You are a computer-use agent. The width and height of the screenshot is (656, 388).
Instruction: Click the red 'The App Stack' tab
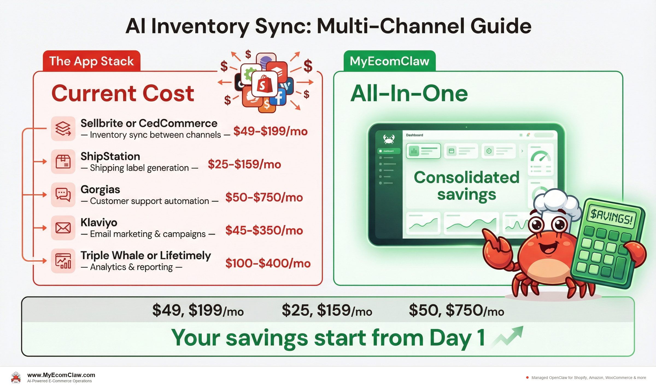pos(91,61)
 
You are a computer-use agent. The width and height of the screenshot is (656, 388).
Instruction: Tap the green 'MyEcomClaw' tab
pos(389,61)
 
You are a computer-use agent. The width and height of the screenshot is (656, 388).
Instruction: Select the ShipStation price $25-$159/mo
pos(244,164)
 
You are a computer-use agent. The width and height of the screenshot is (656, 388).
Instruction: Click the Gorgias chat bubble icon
pos(63,195)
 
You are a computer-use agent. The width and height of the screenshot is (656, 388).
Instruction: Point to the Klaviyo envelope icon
pos(63,228)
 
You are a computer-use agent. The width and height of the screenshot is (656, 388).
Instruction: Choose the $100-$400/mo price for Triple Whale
pos(268,263)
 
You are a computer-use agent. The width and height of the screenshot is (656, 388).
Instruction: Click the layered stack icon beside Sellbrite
pos(63,129)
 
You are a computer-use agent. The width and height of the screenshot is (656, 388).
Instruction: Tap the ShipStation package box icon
pos(63,162)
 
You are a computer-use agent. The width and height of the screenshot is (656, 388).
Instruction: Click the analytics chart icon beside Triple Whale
pos(63,261)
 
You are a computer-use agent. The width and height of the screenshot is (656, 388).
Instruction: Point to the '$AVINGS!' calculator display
pos(611,216)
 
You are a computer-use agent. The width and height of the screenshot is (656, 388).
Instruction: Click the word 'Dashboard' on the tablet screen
pos(414,135)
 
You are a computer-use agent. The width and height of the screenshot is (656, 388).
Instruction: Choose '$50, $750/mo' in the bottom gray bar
pos(456,310)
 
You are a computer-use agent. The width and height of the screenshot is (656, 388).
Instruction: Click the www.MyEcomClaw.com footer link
pos(61,375)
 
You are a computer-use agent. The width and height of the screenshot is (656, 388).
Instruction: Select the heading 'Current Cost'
pos(123,94)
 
